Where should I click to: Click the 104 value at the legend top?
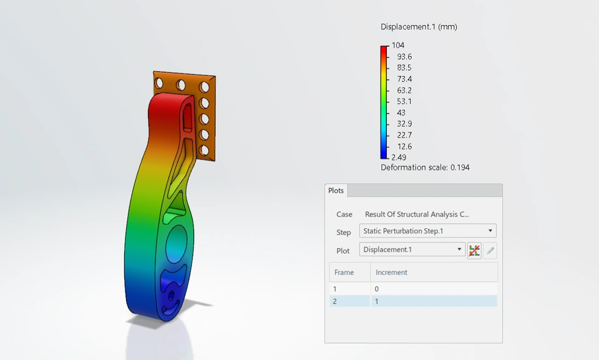(397, 45)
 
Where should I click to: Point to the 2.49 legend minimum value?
(399, 157)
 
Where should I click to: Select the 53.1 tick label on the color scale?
(404, 101)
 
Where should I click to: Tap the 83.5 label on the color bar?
(404, 67)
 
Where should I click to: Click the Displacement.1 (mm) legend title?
(419, 27)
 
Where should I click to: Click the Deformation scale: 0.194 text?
(425, 167)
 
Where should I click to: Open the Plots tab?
(336, 190)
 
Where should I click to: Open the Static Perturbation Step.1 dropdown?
(427, 231)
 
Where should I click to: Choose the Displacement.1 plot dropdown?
(412, 250)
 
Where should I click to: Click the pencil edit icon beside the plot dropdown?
(490, 251)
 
